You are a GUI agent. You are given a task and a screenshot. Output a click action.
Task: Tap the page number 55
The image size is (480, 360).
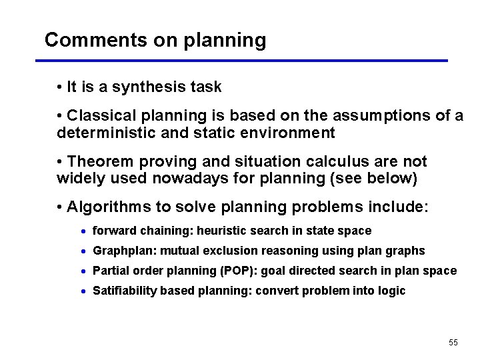click(453, 342)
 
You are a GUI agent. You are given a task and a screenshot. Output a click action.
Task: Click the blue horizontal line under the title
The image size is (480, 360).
click(241, 61)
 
